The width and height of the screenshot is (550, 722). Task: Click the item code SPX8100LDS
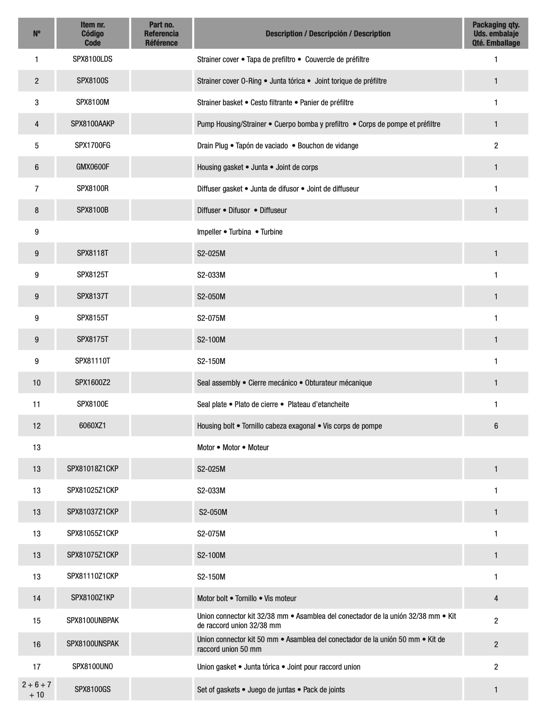(x=93, y=59)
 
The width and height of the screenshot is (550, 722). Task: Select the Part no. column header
(x=161, y=34)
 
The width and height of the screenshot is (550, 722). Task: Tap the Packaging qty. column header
(x=496, y=34)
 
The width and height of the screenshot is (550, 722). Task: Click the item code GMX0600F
(x=93, y=167)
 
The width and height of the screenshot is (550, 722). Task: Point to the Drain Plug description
(x=278, y=146)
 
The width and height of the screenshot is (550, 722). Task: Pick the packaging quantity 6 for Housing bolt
(x=496, y=426)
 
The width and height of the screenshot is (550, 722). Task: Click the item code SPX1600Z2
(x=93, y=383)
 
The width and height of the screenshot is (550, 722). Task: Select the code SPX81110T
(x=93, y=361)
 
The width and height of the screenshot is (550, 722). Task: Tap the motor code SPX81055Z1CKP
(x=93, y=533)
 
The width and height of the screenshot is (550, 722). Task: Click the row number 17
(x=37, y=667)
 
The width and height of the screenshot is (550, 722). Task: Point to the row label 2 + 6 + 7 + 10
(x=37, y=689)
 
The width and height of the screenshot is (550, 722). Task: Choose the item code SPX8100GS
(x=93, y=689)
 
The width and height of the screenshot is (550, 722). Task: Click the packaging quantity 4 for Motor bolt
(x=496, y=598)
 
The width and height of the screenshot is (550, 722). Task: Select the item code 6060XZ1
(x=93, y=426)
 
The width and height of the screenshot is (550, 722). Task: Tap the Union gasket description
(x=278, y=667)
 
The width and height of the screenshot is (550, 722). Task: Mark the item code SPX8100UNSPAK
(x=93, y=644)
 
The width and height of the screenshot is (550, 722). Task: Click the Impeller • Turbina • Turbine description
(x=240, y=232)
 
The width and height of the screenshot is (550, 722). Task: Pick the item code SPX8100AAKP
(x=93, y=124)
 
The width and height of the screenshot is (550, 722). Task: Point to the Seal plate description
(x=273, y=405)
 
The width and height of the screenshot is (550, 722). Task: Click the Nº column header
(x=37, y=34)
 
